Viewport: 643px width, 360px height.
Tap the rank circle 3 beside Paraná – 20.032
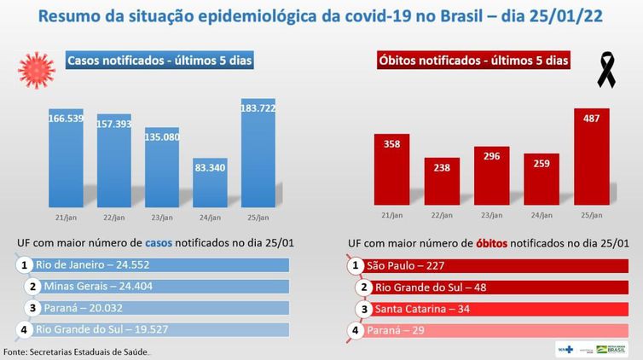point(32,308)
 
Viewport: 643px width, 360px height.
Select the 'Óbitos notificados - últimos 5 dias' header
point(473,61)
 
